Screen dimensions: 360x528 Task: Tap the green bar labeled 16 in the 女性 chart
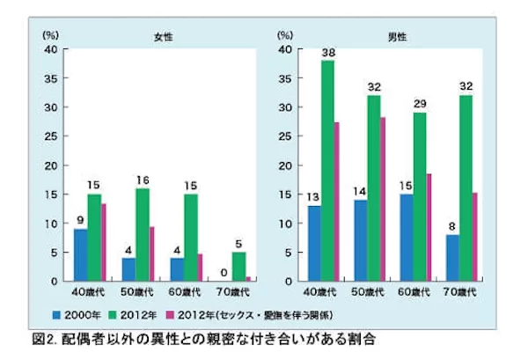[x=142, y=234]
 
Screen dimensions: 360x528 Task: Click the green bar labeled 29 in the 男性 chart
[x=420, y=196]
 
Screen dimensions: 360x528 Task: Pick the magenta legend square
[x=182, y=312]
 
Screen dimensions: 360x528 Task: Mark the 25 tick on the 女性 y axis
[x=52, y=136]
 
